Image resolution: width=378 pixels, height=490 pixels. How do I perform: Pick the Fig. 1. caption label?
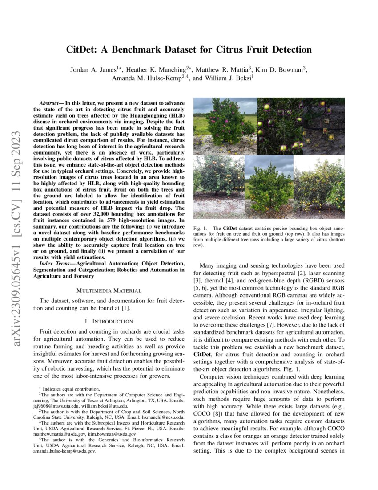(199, 228)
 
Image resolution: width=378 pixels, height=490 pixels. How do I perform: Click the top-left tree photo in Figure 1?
(225, 126)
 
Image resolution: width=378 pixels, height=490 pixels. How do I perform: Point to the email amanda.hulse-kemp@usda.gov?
(64, 451)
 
